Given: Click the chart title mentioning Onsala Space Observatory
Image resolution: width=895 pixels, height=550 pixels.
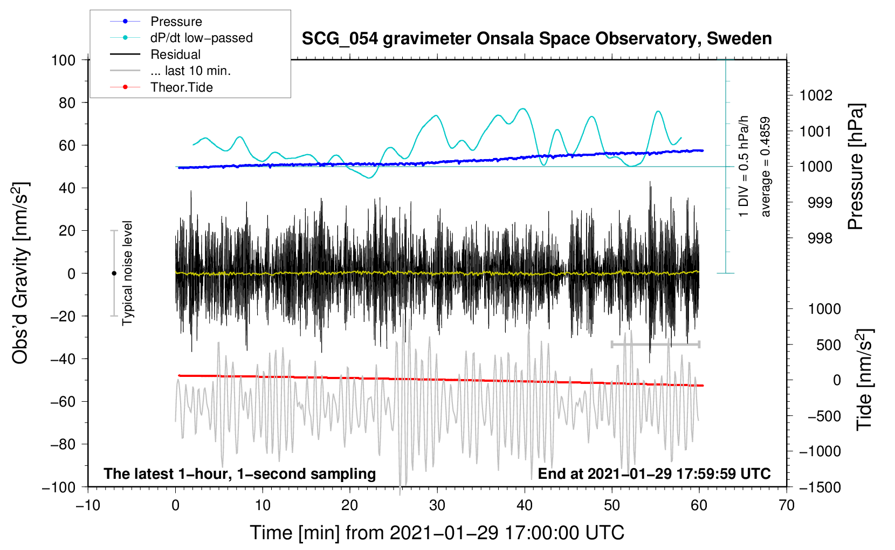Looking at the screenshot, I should click(536, 39).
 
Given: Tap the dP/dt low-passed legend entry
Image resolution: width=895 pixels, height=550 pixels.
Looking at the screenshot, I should click(201, 38).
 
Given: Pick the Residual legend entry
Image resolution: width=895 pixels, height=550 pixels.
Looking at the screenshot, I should click(175, 54).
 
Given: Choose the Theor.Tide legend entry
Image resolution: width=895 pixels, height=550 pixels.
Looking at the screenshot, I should click(181, 87).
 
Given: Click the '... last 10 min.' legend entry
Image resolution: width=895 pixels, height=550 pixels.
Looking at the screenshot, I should click(190, 71).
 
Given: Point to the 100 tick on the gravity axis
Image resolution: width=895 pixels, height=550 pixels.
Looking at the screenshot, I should click(64, 60).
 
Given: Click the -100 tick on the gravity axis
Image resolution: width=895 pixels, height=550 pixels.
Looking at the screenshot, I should click(59, 487).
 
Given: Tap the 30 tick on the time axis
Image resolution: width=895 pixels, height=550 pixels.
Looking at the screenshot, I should click(437, 505).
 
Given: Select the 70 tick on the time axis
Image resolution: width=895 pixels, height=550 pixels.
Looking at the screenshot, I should click(787, 505).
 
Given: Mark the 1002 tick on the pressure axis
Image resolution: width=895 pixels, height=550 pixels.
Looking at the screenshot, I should click(816, 95).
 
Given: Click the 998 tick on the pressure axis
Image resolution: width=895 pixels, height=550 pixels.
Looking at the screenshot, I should click(820, 238).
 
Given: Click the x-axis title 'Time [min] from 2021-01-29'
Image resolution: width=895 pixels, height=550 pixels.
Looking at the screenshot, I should click(437, 533).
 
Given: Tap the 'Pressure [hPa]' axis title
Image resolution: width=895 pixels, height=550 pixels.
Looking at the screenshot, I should click(856, 167).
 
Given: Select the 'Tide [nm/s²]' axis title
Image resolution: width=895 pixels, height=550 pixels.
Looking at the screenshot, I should click(864, 380).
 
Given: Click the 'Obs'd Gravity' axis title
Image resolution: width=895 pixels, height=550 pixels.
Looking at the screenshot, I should click(20, 273).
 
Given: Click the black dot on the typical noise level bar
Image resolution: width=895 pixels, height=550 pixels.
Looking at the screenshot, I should click(114, 273).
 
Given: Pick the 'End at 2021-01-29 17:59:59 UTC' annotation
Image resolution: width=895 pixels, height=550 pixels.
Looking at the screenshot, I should click(654, 473).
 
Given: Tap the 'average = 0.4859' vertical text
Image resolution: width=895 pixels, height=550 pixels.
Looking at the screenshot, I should click(766, 167).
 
